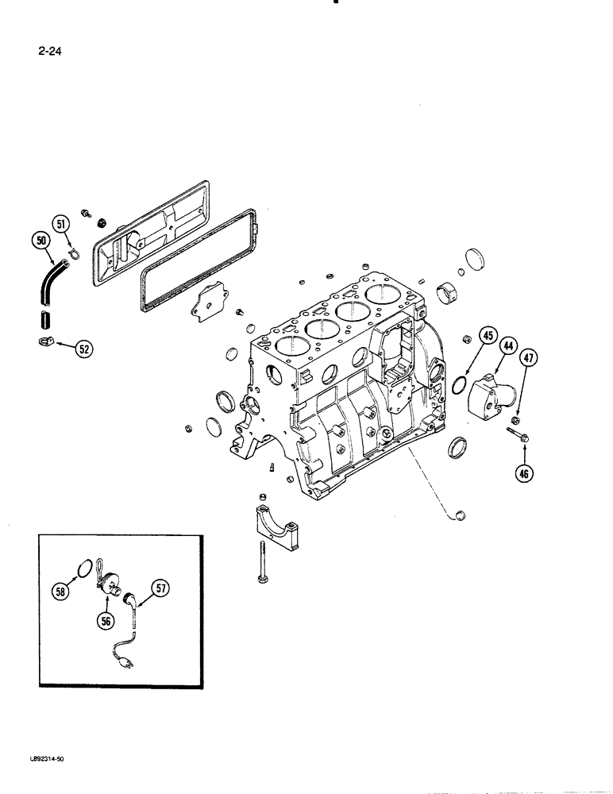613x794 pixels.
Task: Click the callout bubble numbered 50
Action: [41, 240]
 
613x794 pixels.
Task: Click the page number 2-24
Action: [49, 53]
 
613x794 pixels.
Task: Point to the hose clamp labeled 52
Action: [45, 342]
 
